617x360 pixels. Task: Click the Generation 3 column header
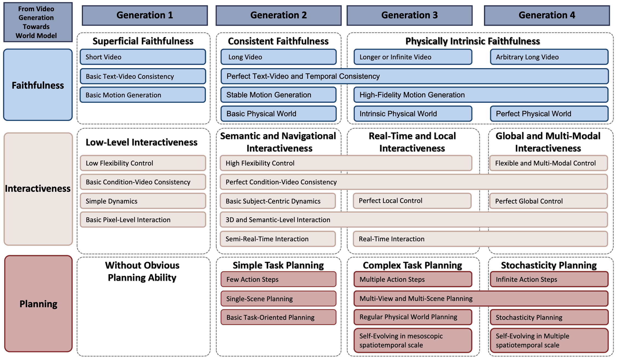coord(410,15)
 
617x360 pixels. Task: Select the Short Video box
coord(143,57)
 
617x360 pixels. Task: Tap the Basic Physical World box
coord(278,114)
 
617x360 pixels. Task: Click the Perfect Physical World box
coord(549,114)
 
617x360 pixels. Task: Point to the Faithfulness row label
coord(38,85)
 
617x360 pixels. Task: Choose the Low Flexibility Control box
coord(143,163)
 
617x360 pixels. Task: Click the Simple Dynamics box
coord(143,201)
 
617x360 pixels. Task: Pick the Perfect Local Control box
coord(412,201)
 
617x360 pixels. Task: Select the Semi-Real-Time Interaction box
coord(278,239)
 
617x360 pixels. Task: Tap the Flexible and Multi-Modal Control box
coord(548,163)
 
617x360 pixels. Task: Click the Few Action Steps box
coord(278,279)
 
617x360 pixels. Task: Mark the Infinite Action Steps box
coord(549,279)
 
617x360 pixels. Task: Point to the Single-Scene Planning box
coord(278,299)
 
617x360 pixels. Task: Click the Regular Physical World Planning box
coord(413,317)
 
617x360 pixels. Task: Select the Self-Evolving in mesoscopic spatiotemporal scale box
coord(413,340)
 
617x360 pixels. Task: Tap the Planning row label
coord(38,304)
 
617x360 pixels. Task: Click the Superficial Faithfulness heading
coord(143,41)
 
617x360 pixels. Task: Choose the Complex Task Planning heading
coord(412,265)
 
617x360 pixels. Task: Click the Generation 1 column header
coord(145,15)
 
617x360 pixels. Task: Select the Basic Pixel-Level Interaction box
coord(143,220)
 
